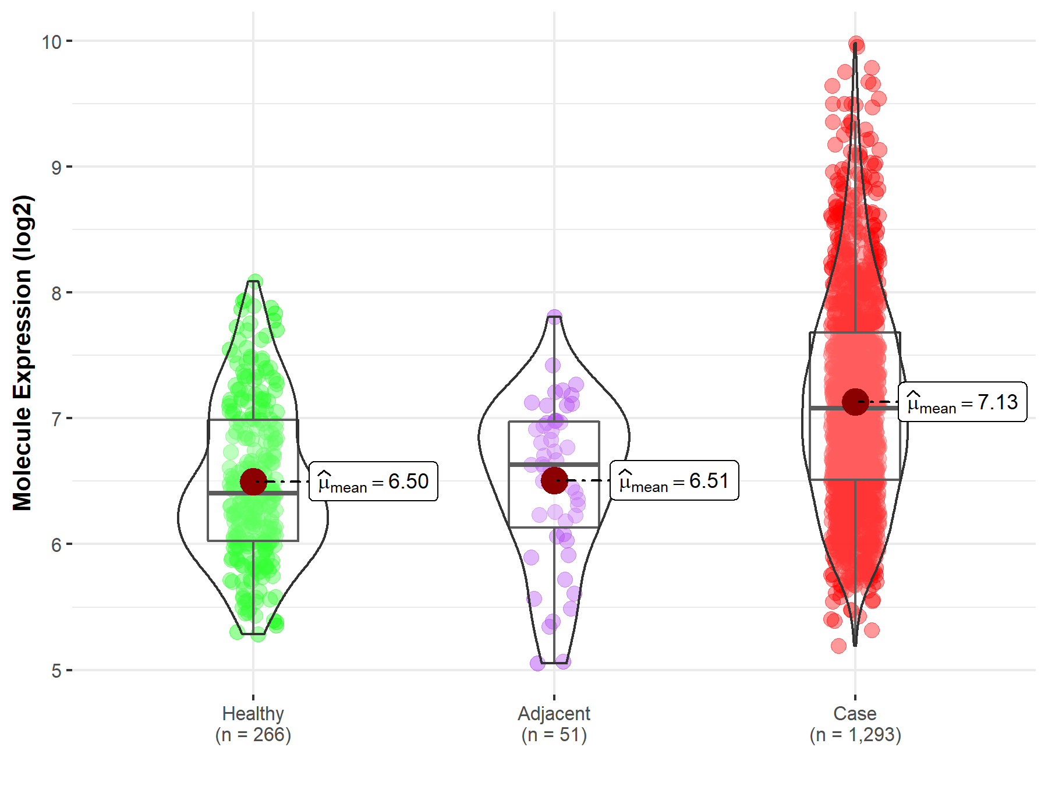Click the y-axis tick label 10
[x=51, y=42]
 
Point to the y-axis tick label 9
[x=56, y=168]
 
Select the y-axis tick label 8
[x=56, y=293]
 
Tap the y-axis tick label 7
[x=56, y=419]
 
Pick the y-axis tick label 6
[x=56, y=545]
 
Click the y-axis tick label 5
[x=56, y=671]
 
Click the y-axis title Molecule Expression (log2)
[x=22, y=353]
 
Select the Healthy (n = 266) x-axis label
[x=253, y=724]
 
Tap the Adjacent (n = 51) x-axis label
[x=554, y=724]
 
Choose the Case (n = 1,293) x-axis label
[x=855, y=724]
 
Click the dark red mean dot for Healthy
[x=253, y=481]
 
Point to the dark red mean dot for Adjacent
[x=554, y=480]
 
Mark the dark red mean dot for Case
[x=855, y=402]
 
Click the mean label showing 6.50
[x=373, y=481]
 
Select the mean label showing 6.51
[x=674, y=480]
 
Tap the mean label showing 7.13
[x=962, y=402]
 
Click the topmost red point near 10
[x=856, y=44]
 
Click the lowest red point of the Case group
[x=838, y=646]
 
